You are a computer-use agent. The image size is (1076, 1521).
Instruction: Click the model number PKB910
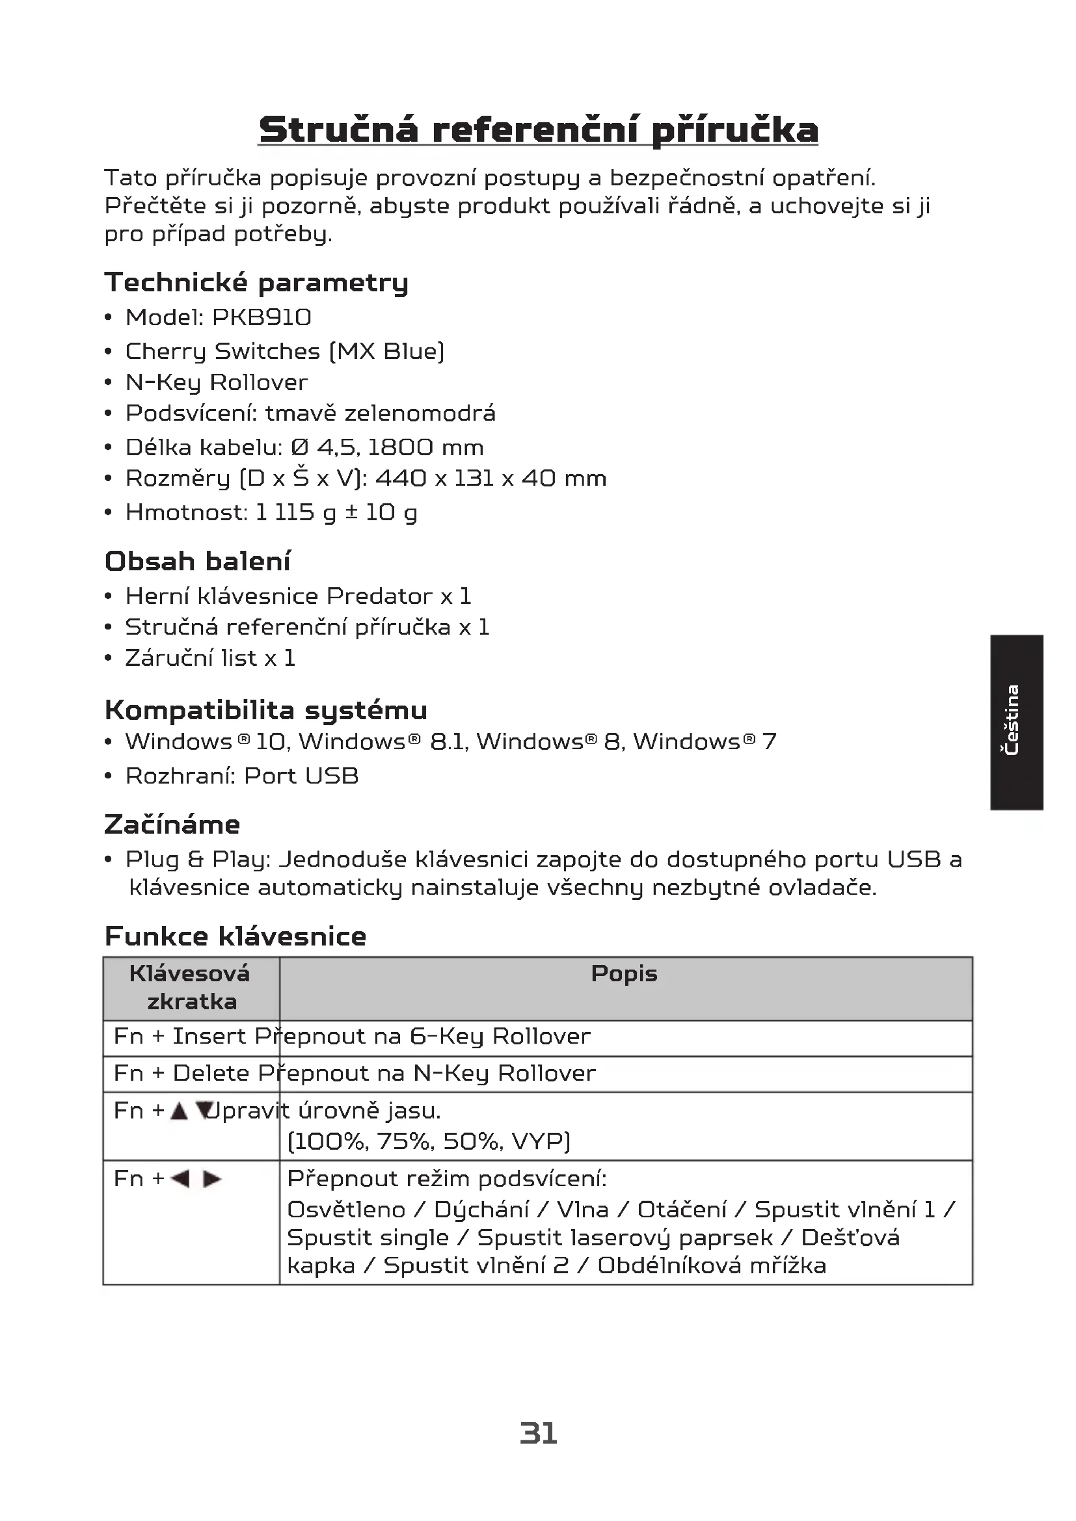pos(262,318)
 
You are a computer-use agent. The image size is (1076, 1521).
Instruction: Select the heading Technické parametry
pos(256,283)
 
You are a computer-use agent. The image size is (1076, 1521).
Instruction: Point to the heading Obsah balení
pos(198,561)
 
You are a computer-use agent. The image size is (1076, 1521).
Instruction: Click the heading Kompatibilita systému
pos(265,710)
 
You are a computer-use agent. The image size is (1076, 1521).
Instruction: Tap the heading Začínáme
pos(172,825)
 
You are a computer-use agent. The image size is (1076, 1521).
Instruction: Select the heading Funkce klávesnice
pos(235,936)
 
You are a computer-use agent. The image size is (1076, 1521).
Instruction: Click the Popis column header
pos(624,973)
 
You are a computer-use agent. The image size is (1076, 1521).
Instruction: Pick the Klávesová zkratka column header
pos(191,987)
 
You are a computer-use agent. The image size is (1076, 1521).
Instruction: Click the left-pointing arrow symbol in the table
pos(180,1178)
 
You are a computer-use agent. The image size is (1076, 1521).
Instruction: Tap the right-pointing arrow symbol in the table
pos(212,1178)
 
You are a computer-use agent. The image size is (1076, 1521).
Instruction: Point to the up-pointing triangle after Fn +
pos(179,1111)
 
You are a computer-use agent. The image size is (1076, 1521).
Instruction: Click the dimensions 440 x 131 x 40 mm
pos(491,479)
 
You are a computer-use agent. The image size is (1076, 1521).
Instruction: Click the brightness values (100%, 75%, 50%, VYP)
pos(429,1141)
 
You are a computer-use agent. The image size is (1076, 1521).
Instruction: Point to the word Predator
pos(379,596)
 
